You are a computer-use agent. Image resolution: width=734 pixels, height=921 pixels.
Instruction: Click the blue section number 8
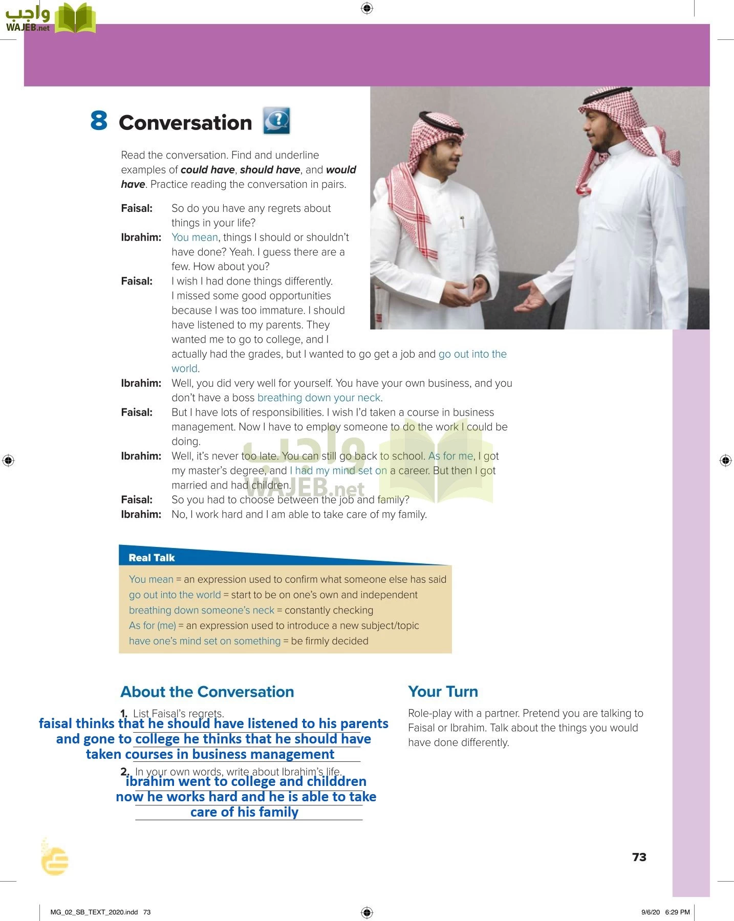pos(99,121)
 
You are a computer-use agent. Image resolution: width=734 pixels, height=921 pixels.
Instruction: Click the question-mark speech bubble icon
pos(276,121)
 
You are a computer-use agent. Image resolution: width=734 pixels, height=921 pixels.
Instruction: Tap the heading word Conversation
pos(185,123)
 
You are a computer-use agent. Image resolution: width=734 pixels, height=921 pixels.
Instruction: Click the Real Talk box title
pos(152,558)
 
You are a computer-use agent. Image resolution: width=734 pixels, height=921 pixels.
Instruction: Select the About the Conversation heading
pos(207,692)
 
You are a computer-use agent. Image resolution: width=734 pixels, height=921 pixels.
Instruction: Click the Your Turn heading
pos(443,691)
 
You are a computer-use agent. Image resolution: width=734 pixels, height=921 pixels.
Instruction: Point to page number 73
pos(639,857)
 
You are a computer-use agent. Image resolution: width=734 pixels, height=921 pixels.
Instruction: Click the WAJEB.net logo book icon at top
pos(75,18)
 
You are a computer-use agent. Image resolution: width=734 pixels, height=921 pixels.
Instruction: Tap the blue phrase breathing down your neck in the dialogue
pos(319,398)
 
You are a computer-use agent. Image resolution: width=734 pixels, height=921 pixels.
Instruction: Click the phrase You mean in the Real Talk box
pos(151,579)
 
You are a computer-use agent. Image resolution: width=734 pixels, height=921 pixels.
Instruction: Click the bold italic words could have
pos(208,170)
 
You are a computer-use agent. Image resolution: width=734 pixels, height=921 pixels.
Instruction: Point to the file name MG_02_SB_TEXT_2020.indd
pos(94,912)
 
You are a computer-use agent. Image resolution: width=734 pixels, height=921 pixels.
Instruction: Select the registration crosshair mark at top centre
pos(367,8)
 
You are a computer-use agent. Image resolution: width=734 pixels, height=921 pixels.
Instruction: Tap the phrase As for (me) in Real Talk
pos(152,625)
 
